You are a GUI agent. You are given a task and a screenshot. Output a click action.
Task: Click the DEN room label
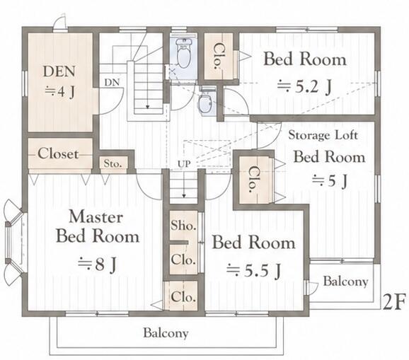pos(59,71)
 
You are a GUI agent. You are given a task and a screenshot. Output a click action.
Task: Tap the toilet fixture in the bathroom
pos(184,53)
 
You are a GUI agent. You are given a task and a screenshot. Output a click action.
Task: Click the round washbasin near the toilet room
pos(205,103)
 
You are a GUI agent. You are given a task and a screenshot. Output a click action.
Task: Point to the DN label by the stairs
pos(112,82)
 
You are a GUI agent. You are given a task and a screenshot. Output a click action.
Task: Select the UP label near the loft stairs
pos(184,164)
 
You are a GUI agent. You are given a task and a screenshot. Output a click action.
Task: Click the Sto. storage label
pos(113,163)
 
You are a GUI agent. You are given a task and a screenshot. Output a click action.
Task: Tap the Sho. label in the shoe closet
pos(183,225)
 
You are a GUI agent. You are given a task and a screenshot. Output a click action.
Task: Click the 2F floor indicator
pos(394,302)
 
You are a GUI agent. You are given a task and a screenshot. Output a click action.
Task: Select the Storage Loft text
pos(323,135)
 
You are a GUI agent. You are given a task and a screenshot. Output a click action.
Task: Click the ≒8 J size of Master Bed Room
pos(97,265)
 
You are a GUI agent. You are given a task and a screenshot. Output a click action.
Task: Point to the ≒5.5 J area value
pos(253,270)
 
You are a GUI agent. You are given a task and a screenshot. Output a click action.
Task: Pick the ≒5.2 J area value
pos(304,86)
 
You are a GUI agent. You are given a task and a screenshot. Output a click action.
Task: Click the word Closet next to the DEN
pos(58,153)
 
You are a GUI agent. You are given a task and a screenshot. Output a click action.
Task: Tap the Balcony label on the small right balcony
pos(345,281)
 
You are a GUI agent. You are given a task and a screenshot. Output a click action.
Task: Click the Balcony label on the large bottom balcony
pos(166,333)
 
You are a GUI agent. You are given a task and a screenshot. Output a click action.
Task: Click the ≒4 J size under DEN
pos(60,91)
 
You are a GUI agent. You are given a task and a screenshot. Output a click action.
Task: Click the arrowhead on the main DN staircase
pos(147,107)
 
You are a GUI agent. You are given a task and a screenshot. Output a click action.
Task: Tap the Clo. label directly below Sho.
pos(183,260)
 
